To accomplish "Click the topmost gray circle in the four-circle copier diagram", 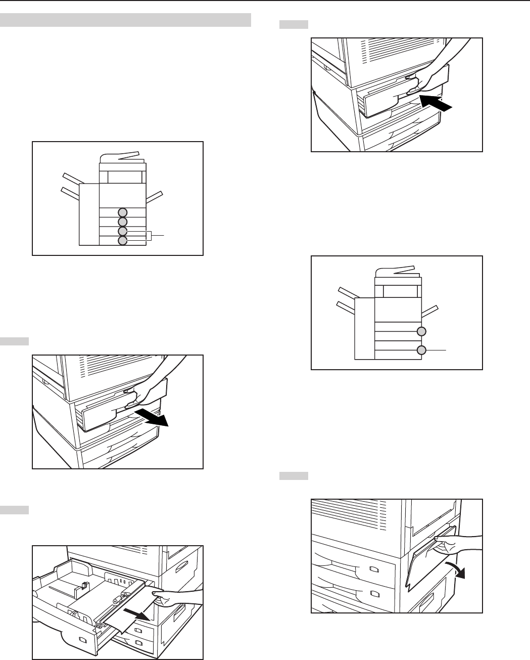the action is coord(123,212).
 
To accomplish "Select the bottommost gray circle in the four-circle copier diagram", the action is coord(123,240).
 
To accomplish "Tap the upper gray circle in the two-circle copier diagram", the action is coord(422,331).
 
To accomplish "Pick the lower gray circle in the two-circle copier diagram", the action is coord(422,350).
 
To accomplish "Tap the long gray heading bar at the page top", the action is coord(126,20).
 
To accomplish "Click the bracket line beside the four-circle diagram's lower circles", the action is coord(152,236).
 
